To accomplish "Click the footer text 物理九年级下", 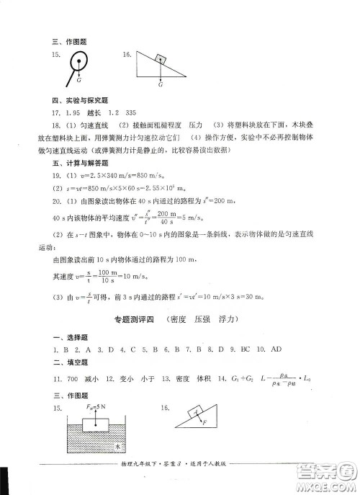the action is [144, 479].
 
